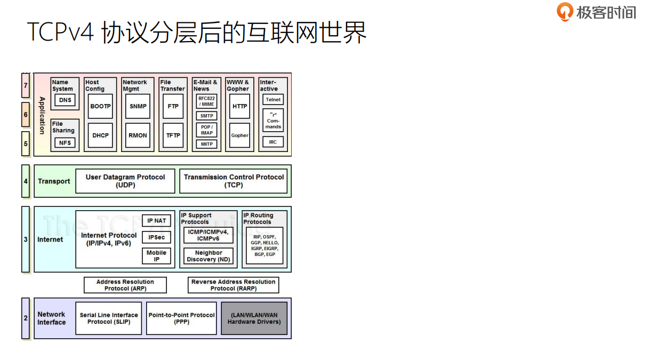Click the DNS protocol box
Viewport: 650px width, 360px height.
(65, 100)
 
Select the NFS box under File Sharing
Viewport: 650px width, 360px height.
(65, 142)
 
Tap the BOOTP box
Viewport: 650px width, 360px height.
(100, 106)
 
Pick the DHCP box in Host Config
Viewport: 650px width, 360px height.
(100, 135)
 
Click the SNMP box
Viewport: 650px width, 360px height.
(138, 106)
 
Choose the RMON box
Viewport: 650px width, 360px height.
(138, 135)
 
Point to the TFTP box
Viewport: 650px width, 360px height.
(173, 135)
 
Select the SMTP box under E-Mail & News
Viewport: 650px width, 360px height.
(206, 116)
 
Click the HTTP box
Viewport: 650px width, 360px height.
(240, 106)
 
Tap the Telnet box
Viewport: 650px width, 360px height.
(273, 100)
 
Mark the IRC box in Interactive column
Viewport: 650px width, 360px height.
(273, 142)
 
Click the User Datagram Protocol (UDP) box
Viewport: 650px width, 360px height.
(125, 181)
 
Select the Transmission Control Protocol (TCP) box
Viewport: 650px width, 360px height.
(234, 181)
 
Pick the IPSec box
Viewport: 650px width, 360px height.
(157, 237)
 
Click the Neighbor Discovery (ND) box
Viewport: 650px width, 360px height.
(208, 256)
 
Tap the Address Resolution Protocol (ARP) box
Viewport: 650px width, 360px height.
(125, 285)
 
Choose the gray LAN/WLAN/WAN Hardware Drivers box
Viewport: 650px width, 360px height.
(254, 318)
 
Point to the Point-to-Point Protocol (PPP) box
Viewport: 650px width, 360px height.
(181, 318)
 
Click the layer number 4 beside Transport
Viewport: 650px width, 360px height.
(26, 181)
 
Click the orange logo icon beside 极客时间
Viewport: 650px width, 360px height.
(564, 11)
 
